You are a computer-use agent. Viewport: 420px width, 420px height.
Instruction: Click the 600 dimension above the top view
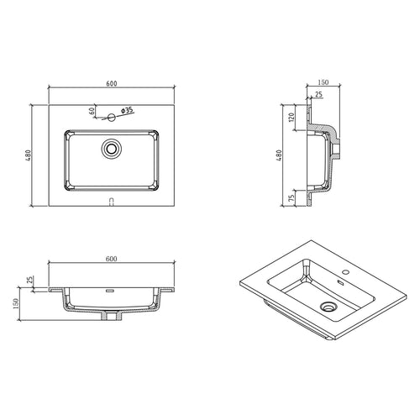pyautogui.click(x=112, y=83)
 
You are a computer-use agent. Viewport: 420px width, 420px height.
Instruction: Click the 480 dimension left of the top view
pyautogui.click(x=29, y=155)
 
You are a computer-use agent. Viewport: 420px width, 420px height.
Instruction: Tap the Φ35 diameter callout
pyautogui.click(x=127, y=110)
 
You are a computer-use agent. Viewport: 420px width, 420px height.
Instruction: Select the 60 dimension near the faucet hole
pyautogui.click(x=92, y=111)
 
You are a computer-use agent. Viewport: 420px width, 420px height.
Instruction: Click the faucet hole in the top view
pyautogui.click(x=112, y=118)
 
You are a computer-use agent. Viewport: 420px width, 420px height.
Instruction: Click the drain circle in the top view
pyautogui.click(x=112, y=149)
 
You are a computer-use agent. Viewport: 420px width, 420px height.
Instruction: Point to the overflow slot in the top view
pyautogui.click(x=112, y=202)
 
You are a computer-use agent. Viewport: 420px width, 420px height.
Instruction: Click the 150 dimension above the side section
pyautogui.click(x=323, y=82)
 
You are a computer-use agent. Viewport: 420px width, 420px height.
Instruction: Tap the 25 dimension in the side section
pyautogui.click(x=318, y=95)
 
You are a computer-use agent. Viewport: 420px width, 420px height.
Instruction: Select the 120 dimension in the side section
pyautogui.click(x=291, y=118)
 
